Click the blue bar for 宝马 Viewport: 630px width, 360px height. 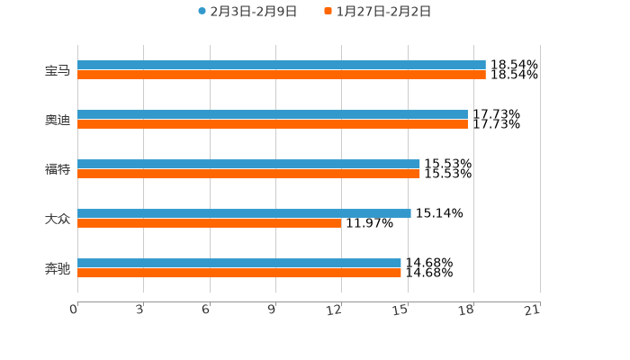[x=281, y=66]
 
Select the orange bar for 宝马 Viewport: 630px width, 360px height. [x=281, y=76]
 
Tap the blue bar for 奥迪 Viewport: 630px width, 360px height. [x=272, y=115]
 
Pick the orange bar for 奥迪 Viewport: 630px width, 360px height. [x=272, y=125]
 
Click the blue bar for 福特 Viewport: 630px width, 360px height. [x=248, y=165]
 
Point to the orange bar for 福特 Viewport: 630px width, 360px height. [x=248, y=175]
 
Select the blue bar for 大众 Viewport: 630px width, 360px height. [x=244, y=214]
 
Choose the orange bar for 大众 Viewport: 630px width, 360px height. [x=209, y=224]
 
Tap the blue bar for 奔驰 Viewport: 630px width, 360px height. [x=239, y=264]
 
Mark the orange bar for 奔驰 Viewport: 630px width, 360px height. [x=239, y=274]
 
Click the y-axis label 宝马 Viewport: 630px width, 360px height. [x=58, y=70]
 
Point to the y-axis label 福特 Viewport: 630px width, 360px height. [x=58, y=169]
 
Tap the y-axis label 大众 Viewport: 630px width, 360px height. [x=58, y=219]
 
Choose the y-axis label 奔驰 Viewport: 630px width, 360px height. [x=58, y=268]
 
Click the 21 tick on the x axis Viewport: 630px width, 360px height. [x=533, y=310]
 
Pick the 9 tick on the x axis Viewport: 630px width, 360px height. [x=272, y=310]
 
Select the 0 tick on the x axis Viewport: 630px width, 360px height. [x=74, y=310]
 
